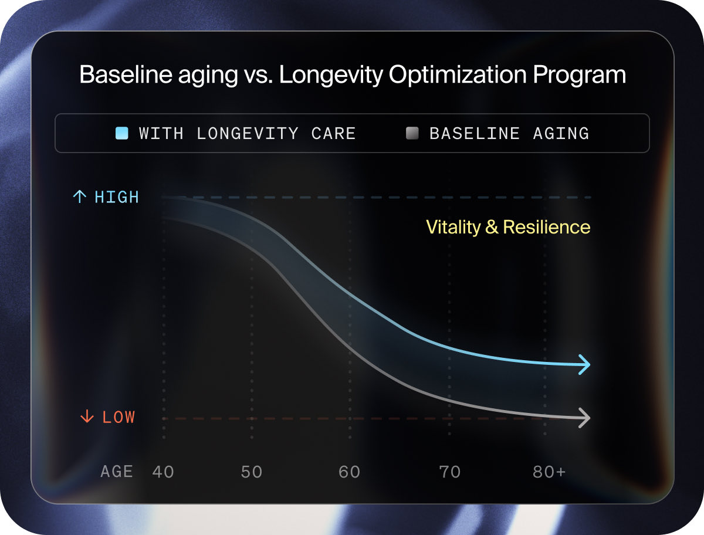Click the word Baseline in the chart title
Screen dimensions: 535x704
pyautogui.click(x=114, y=76)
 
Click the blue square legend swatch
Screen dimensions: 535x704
pyautogui.click(x=122, y=133)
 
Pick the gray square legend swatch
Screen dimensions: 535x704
pyautogui.click(x=412, y=133)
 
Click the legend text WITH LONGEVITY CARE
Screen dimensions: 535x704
pyautogui.click(x=247, y=133)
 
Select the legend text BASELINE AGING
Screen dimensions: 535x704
pyautogui.click(x=509, y=133)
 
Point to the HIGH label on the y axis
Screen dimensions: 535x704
pyautogui.click(x=117, y=197)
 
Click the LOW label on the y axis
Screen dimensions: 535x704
pyautogui.click(x=119, y=417)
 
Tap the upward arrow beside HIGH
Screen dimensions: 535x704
pyautogui.click(x=79, y=197)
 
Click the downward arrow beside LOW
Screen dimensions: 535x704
pyautogui.click(x=87, y=417)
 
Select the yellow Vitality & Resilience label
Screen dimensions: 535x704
pyautogui.click(x=508, y=227)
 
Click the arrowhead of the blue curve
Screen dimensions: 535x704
pyautogui.click(x=584, y=364)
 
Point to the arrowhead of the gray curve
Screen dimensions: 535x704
pyautogui.click(x=584, y=418)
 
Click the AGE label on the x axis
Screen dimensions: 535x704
pyautogui.click(x=117, y=472)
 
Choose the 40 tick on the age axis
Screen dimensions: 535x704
pyautogui.click(x=163, y=472)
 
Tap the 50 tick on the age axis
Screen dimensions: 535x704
pyautogui.click(x=252, y=472)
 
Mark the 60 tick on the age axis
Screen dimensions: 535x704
pyautogui.click(x=350, y=472)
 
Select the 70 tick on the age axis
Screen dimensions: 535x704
pyautogui.click(x=450, y=472)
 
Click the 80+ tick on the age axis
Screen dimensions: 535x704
pyautogui.click(x=549, y=472)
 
